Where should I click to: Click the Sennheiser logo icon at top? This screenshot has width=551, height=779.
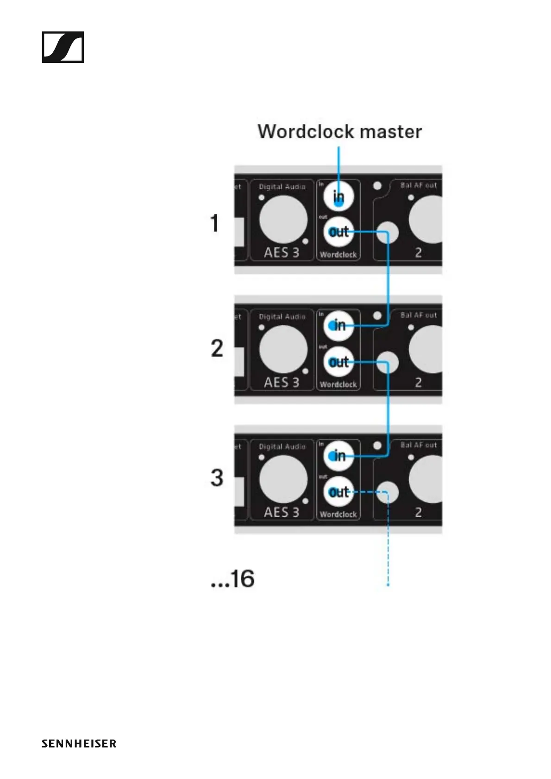point(63,47)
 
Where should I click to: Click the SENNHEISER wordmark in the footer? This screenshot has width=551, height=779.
point(79,744)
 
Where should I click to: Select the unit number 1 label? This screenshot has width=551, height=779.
point(214,223)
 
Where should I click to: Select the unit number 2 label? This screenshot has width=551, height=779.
point(217,348)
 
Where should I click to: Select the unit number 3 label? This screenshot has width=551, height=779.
point(217,478)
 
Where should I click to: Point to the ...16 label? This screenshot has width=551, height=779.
point(232,579)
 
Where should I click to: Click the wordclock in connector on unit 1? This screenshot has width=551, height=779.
point(338,197)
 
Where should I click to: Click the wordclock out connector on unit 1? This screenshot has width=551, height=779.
point(338,231)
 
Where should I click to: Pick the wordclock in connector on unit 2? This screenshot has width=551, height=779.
point(338,326)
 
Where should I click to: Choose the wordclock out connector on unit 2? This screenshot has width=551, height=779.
point(338,362)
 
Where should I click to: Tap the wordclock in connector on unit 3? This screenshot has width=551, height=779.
point(338,456)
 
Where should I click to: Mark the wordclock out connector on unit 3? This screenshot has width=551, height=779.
point(338,492)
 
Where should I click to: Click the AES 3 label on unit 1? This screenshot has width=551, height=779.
point(282,253)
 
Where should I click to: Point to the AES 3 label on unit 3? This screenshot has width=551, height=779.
point(282,513)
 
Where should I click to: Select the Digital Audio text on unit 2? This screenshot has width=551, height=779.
point(282,317)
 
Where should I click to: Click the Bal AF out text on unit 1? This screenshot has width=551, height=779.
point(419,185)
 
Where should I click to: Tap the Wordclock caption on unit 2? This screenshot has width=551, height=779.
point(338,384)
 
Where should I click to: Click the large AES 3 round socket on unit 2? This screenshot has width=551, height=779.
point(283,350)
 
